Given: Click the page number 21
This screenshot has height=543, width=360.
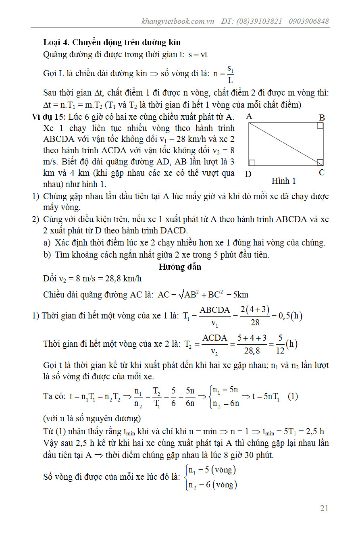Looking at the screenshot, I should [324, 508].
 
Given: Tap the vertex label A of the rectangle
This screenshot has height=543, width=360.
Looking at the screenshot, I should [249, 117].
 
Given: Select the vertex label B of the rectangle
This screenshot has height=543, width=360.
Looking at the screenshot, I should [322, 118].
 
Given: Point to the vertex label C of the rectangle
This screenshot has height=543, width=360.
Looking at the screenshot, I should [322, 173].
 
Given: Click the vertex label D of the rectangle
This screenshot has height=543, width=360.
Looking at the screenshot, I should [248, 174].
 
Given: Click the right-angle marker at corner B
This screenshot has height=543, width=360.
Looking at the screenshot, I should [320, 126].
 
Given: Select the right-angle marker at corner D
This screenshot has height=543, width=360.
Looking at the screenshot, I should [252, 162].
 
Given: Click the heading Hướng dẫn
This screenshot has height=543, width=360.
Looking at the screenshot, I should [180, 267].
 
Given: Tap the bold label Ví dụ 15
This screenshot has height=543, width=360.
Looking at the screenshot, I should [49, 117].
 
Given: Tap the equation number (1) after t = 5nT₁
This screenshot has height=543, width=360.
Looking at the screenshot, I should [293, 396].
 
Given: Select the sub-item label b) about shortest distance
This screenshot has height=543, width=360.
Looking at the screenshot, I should [47, 255].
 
